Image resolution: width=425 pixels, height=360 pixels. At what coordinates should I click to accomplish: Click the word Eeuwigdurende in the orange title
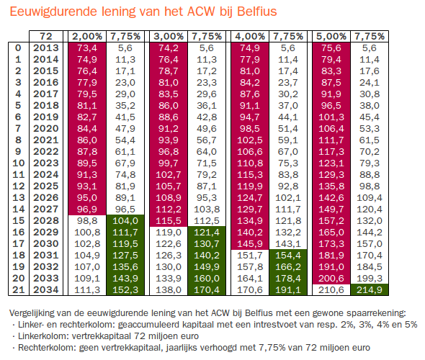[x=53, y=12]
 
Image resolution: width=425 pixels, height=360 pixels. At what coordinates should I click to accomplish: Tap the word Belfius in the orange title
[x=256, y=12]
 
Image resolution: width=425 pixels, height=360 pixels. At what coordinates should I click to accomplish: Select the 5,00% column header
[x=331, y=36]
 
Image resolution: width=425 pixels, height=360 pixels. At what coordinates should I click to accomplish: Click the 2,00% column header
[x=87, y=36]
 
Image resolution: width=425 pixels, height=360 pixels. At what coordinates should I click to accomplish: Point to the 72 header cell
[x=46, y=36]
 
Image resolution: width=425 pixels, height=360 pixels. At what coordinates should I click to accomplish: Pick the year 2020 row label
[x=46, y=128]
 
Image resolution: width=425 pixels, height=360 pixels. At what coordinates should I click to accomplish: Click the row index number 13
[x=19, y=197]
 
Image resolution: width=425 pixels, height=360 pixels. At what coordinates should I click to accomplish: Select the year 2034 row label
[x=46, y=290]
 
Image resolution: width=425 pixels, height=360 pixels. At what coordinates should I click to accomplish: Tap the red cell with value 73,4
[x=87, y=48]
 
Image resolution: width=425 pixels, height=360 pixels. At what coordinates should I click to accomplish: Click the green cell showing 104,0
[x=125, y=221]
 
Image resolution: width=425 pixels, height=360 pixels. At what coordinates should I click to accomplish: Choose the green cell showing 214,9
[x=370, y=290]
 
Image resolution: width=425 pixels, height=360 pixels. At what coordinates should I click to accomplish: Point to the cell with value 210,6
[x=331, y=290]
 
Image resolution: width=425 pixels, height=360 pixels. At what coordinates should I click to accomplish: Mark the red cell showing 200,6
[x=331, y=278]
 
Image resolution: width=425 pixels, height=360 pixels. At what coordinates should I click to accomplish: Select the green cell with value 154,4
[x=288, y=255]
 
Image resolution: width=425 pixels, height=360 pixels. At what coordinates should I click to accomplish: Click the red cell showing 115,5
[x=169, y=221]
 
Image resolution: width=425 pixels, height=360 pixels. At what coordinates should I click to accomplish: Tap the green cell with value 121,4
[x=207, y=232]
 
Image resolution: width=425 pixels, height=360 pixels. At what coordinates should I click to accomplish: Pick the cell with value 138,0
[x=169, y=290]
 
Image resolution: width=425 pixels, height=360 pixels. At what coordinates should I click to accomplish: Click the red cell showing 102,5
[x=250, y=140]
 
